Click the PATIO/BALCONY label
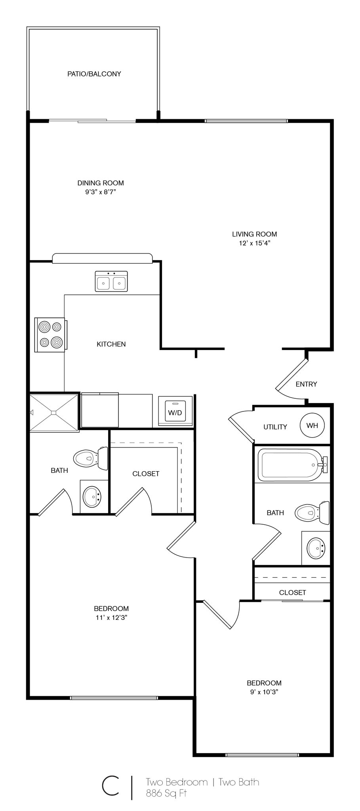tap(94, 74)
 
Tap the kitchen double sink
tap(111, 282)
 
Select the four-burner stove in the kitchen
tap(50, 335)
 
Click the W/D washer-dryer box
tap(175, 412)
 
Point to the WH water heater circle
tap(312, 425)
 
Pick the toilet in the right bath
tap(312, 512)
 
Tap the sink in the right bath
tap(316, 548)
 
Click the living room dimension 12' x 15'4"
tap(254, 243)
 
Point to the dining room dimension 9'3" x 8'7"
tap(100, 192)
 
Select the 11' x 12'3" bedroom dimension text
tap(111, 617)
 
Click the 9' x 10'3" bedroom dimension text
tap(264, 692)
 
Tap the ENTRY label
tap(306, 384)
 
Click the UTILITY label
tap(275, 427)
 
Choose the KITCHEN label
tap(111, 344)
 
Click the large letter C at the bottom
tap(110, 786)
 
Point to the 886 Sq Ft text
tap(166, 793)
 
